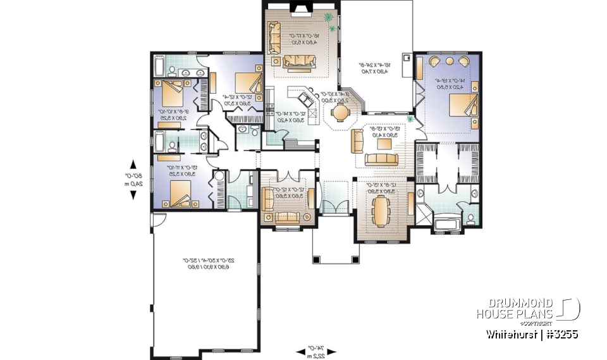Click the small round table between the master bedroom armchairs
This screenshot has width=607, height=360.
pyautogui.click(x=449, y=61)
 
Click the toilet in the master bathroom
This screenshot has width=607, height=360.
pyautogui.click(x=471, y=219)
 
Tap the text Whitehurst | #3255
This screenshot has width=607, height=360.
pyautogui.click(x=532, y=333)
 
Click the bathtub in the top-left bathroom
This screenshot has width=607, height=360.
pyautogui.click(x=159, y=66)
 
